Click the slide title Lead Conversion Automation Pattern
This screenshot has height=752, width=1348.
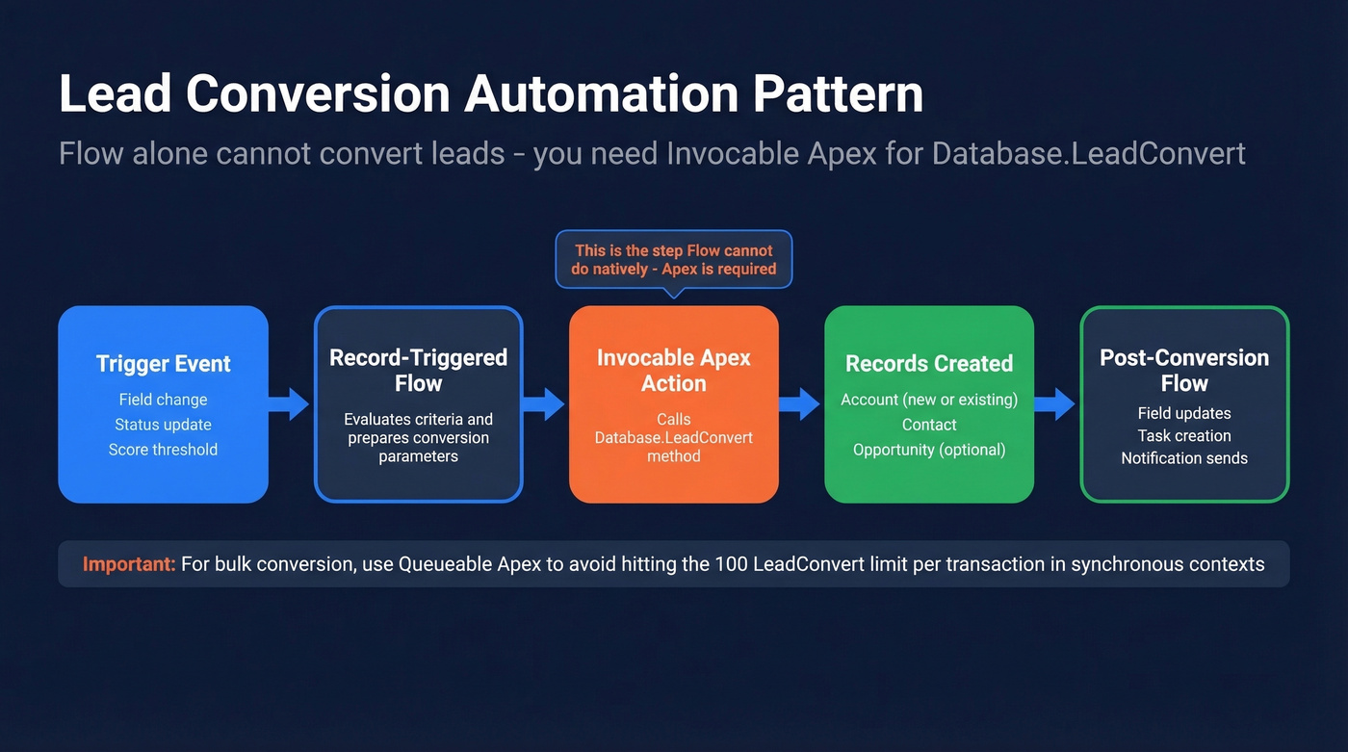[x=491, y=94]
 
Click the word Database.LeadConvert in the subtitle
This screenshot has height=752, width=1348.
[x=1088, y=153]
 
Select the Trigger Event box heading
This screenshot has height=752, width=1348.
[x=163, y=364]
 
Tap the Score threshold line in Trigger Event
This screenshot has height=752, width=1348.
[x=163, y=450]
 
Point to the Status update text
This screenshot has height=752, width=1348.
[x=163, y=425]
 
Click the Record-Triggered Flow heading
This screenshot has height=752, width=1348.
[x=418, y=371]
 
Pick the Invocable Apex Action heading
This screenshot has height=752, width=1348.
[x=673, y=371]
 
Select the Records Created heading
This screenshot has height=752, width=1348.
[x=928, y=364]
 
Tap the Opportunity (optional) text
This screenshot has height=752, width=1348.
[x=928, y=450]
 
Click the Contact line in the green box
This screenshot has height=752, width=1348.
[x=928, y=425]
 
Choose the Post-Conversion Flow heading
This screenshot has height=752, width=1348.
[x=1183, y=371]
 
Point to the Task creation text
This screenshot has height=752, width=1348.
[x=1183, y=435]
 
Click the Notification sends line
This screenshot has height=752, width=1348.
[x=1183, y=458]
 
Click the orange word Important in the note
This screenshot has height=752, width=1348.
[x=128, y=564]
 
